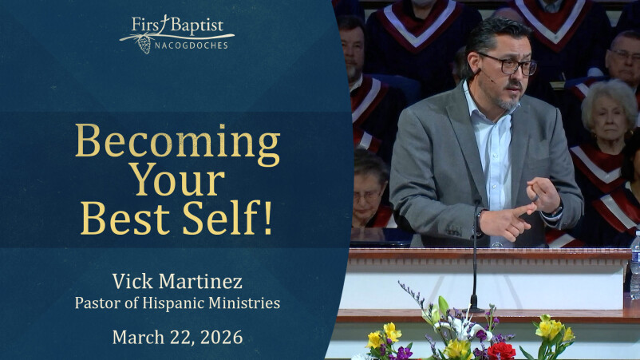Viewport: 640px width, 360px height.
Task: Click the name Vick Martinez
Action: [177, 281]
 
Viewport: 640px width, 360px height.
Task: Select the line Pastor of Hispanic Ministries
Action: [177, 303]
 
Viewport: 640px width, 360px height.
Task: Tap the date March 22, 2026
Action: [177, 336]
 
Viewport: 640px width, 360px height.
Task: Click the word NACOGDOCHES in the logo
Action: [191, 45]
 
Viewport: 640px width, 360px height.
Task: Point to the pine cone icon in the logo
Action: [145, 45]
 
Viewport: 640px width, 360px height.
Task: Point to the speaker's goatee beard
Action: [508, 101]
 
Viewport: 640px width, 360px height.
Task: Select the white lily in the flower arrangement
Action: [462, 323]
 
